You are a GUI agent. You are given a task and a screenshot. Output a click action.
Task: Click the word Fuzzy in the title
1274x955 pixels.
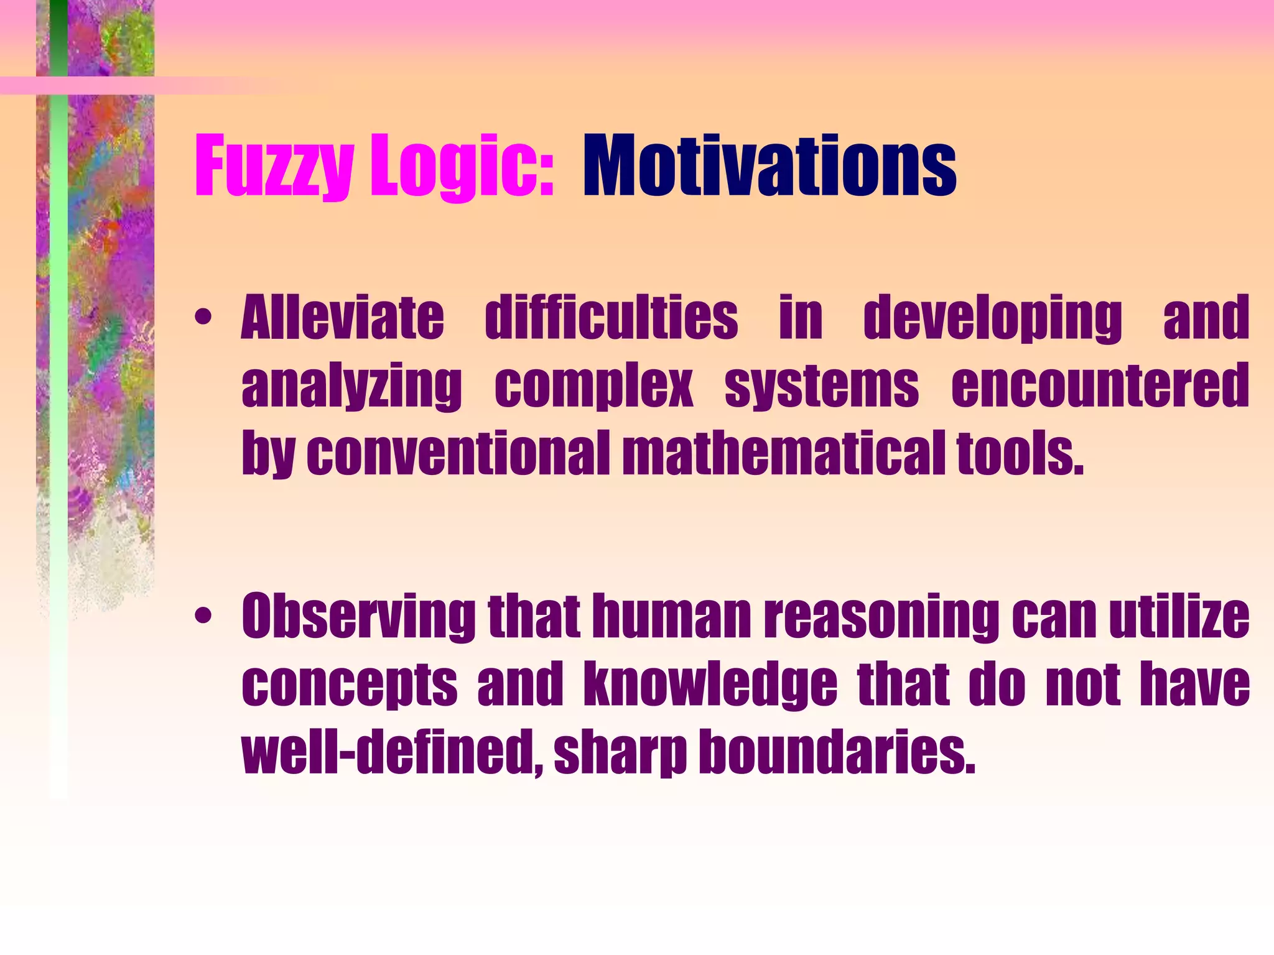pyautogui.click(x=274, y=167)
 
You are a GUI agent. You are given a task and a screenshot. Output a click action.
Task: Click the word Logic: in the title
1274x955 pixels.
pyautogui.click(x=461, y=167)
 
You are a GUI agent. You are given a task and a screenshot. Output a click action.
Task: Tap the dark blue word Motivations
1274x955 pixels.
pyautogui.click(x=769, y=167)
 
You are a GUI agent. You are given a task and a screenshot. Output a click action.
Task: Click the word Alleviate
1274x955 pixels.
pyautogui.click(x=343, y=318)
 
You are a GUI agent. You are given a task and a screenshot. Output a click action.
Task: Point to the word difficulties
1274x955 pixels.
pyautogui.click(x=611, y=318)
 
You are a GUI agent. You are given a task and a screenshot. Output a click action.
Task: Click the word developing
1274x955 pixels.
pyautogui.click(x=993, y=318)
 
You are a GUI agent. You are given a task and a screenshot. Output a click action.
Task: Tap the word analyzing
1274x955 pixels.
pyautogui.click(x=351, y=387)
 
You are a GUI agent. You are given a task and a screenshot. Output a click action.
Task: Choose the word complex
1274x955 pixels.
pyautogui.click(x=593, y=387)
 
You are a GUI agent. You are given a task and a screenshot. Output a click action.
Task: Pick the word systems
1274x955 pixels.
pyautogui.click(x=821, y=387)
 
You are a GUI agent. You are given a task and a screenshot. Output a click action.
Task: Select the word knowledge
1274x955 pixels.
pyautogui.click(x=710, y=685)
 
